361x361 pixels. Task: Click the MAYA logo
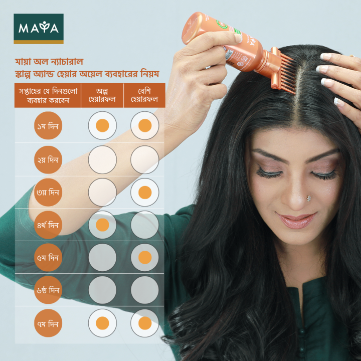pos(38,29)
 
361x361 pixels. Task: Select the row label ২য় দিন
pos(48,160)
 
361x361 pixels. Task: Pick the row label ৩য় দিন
pos(48,193)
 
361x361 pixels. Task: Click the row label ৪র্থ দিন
pos(48,225)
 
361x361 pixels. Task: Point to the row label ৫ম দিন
pos(48,258)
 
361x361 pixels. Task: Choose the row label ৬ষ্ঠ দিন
pos(48,290)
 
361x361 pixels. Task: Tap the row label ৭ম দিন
pos(48,323)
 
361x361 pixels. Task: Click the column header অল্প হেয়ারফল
pos(102,95)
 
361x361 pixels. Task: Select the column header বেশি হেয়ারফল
pos(144,95)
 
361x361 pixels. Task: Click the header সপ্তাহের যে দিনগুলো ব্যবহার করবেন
pos(48,95)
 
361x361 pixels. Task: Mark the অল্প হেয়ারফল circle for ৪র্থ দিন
pos(102,225)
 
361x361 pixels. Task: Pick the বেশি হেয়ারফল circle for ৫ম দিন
pos(145,258)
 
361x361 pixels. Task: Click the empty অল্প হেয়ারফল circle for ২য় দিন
pos(102,160)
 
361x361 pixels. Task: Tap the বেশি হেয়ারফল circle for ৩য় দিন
pos(145,193)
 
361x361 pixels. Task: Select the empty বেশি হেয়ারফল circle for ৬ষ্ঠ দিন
pos(145,290)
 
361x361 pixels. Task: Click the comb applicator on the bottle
pos(282,70)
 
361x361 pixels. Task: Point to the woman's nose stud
pos(309,198)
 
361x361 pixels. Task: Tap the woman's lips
pos(296,220)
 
